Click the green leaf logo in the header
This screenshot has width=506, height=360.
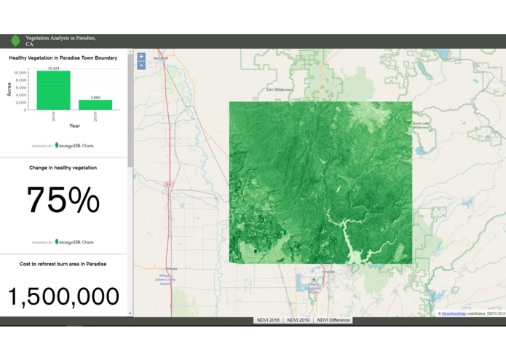15,41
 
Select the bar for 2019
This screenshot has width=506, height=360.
95,104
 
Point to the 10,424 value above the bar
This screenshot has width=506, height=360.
53,68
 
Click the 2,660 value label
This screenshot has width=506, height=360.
95,97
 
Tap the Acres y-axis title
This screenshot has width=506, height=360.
9,90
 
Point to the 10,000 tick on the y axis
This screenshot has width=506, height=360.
20,73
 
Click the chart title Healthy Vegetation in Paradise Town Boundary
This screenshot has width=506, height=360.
63,58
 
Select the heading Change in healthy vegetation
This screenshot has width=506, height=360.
63,168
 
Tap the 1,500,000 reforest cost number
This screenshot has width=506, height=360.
63,296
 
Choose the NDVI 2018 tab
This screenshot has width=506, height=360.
267,320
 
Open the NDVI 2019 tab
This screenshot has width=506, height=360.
299,320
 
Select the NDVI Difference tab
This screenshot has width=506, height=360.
333,320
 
